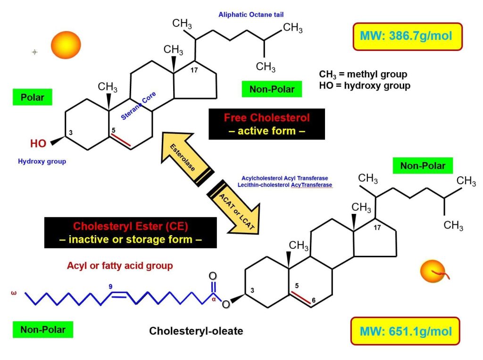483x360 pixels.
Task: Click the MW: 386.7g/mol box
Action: click(x=407, y=36)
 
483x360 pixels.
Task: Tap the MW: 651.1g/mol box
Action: click(x=405, y=331)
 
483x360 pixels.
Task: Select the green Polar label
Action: click(x=33, y=97)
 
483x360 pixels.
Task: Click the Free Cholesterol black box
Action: click(x=267, y=124)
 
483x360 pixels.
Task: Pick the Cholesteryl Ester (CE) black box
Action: click(x=131, y=233)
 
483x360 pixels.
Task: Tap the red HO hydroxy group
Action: click(x=38, y=143)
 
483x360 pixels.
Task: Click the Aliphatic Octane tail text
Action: click(x=251, y=15)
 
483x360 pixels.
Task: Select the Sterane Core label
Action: click(x=138, y=106)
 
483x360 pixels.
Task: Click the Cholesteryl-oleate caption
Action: click(x=196, y=331)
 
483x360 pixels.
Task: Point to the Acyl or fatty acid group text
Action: click(x=120, y=266)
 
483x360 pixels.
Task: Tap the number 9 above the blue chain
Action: click(x=110, y=286)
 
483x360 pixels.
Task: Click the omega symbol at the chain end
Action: click(x=14, y=293)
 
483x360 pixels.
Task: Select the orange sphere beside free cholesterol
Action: click(x=66, y=45)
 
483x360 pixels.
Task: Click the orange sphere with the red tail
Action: click(x=433, y=271)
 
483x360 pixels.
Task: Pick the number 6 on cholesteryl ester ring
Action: click(x=314, y=300)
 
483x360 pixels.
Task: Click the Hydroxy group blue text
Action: click(x=42, y=162)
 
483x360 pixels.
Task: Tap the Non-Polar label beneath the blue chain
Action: click(x=43, y=329)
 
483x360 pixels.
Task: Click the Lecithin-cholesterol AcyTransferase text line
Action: click(x=284, y=185)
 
